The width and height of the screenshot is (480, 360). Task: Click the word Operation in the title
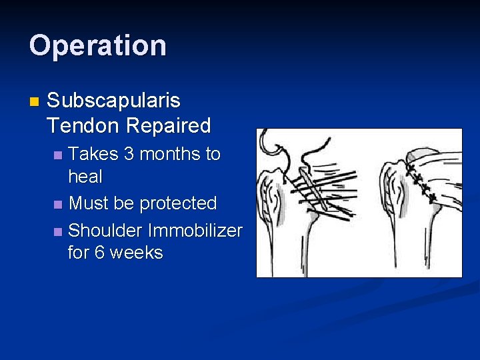pyautogui.click(x=97, y=46)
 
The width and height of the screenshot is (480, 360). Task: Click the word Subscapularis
pyautogui.click(x=113, y=101)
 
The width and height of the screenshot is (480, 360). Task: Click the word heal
pyautogui.click(x=85, y=177)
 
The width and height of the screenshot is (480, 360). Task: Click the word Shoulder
pyautogui.click(x=105, y=231)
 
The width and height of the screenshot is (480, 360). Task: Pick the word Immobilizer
pyautogui.click(x=195, y=231)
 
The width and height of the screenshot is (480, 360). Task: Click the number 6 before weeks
pyautogui.click(x=102, y=253)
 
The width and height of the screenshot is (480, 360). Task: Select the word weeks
pyautogui.click(x=136, y=253)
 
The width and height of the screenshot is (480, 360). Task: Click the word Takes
pyautogui.click(x=93, y=154)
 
